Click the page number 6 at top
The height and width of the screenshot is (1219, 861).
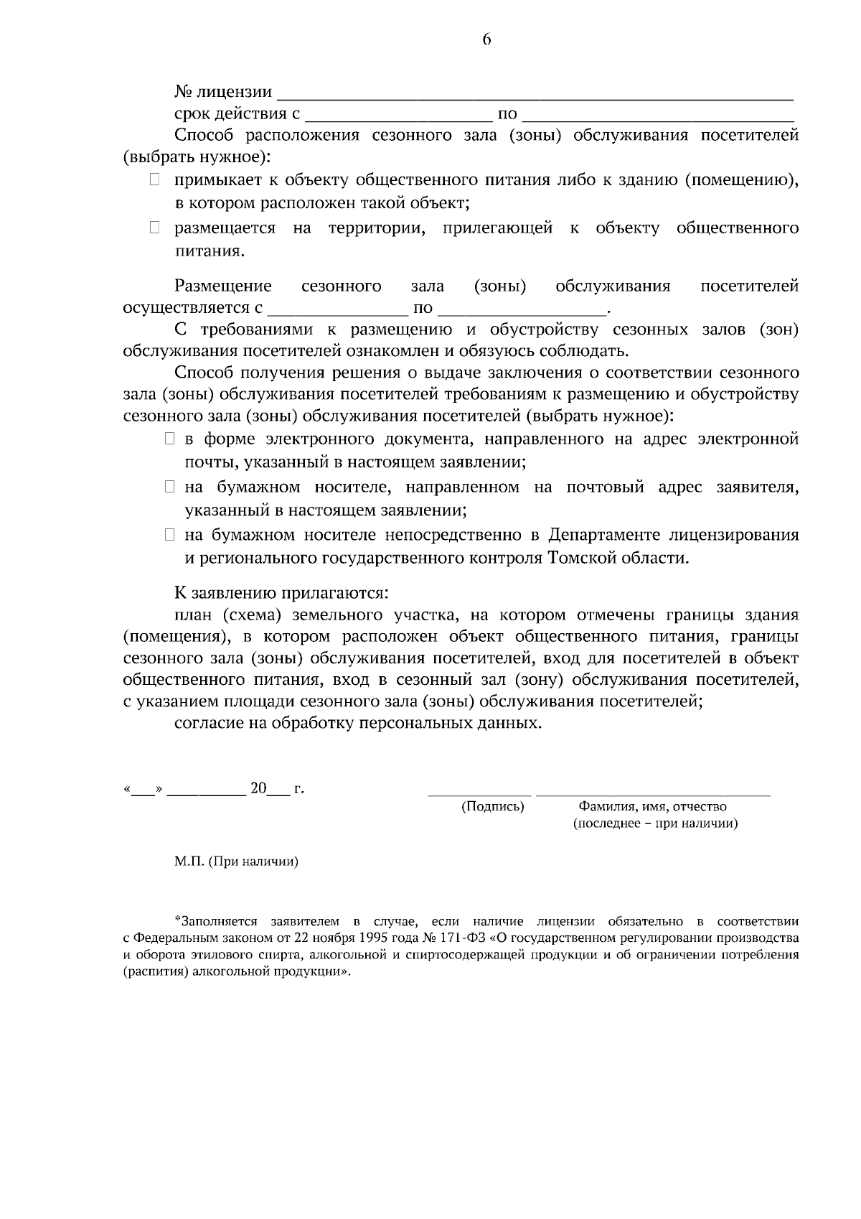486,41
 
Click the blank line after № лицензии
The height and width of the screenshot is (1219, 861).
535,94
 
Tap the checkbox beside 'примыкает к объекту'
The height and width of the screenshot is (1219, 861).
154,180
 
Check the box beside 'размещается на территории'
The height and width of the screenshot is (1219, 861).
154,229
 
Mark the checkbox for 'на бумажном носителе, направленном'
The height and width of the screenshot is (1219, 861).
169,487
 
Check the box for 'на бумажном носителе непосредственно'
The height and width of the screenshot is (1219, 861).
169,535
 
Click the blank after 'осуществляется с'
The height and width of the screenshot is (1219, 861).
337,311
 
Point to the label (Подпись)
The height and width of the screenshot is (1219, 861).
492,806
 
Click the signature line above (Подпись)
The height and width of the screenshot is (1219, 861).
479,794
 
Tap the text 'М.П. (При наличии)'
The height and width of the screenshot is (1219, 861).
236,861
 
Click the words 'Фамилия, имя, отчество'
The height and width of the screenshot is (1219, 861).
652,806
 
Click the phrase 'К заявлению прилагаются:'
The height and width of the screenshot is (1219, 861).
281,594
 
